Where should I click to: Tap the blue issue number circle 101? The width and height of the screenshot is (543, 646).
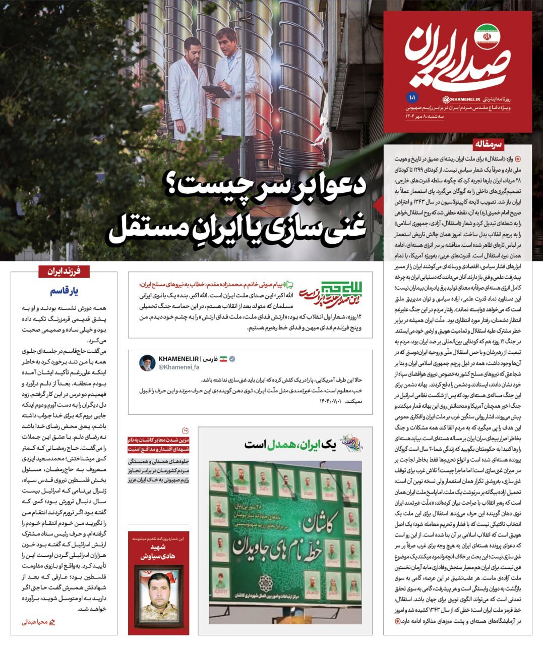pos(410,96)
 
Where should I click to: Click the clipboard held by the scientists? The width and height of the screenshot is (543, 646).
pos(214,91)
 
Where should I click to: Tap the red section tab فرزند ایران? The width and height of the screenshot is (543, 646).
pos(64,272)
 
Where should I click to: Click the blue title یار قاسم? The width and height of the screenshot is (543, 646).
pos(64,291)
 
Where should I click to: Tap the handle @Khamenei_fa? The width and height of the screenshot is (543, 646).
pos(179,367)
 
